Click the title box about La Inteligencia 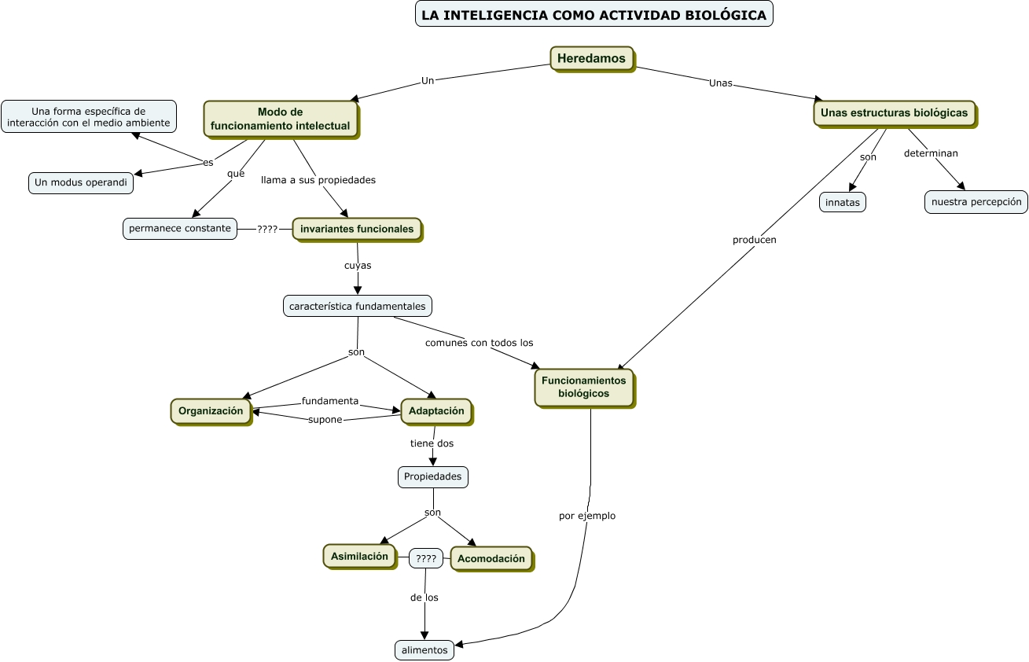click(594, 14)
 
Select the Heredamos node click(591, 58)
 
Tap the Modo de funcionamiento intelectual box click(280, 119)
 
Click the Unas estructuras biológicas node click(894, 113)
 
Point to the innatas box click(842, 202)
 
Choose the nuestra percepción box click(976, 202)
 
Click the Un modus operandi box click(81, 182)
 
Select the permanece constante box click(180, 229)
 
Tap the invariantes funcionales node click(357, 229)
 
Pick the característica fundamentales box click(358, 306)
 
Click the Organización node click(211, 411)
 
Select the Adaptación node click(436, 411)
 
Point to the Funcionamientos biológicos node click(583, 388)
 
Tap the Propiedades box click(432, 476)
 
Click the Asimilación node click(359, 557)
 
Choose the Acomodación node click(491, 559)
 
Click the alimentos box click(424, 650)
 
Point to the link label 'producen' click(754, 240)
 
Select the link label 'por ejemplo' click(586, 517)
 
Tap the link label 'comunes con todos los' click(479, 343)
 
